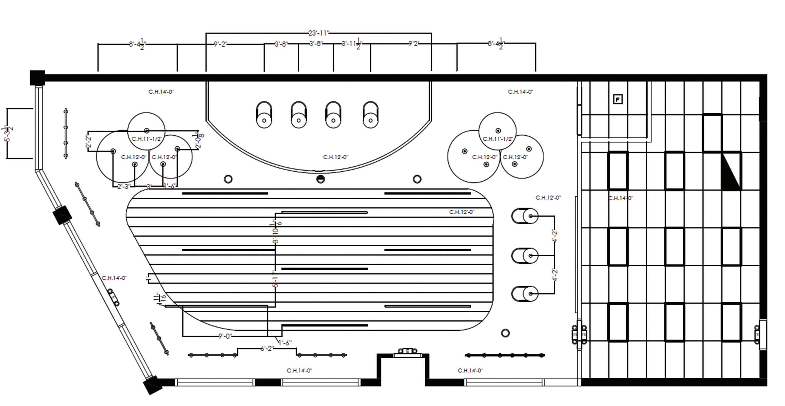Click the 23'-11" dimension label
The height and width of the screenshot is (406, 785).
click(x=319, y=33)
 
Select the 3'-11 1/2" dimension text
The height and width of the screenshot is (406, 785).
click(x=352, y=44)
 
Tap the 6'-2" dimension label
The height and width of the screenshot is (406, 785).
click(x=267, y=348)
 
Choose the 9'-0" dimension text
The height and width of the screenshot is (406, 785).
click(x=225, y=336)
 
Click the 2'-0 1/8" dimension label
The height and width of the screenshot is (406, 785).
click(x=199, y=141)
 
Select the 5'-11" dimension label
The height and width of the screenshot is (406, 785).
click(x=275, y=279)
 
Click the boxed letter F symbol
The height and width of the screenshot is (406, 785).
click(x=617, y=99)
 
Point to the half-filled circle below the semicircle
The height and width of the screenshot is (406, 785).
click(x=320, y=179)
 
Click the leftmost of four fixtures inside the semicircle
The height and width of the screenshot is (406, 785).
click(x=264, y=115)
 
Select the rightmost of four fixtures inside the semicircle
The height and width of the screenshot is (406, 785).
click(x=371, y=115)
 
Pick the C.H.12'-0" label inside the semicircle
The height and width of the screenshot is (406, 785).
click(x=335, y=157)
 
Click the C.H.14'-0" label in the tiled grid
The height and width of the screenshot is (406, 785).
click(x=621, y=198)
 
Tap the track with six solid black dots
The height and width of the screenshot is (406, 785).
click(x=505, y=355)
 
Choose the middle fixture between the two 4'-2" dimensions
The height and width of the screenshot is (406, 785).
click(x=525, y=255)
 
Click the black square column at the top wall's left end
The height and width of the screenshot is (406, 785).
click(x=37, y=78)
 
